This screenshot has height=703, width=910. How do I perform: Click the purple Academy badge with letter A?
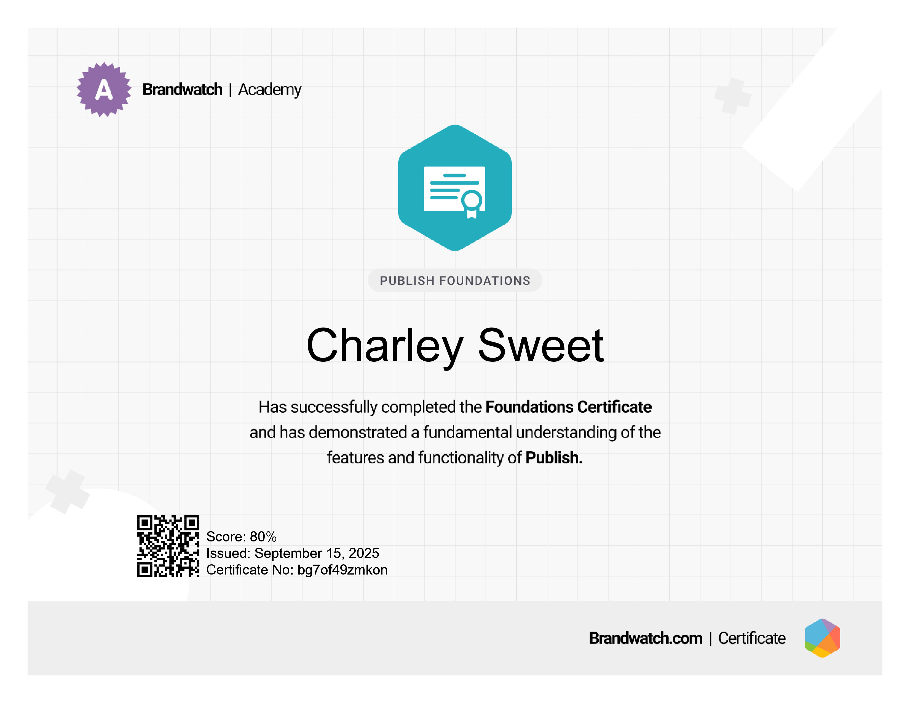pyautogui.click(x=104, y=90)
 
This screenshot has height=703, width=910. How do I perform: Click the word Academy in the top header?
pyautogui.click(x=270, y=90)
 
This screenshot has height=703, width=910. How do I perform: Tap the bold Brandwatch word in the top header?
pyautogui.click(x=183, y=90)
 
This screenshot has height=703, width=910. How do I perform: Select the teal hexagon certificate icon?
pyautogui.click(x=455, y=188)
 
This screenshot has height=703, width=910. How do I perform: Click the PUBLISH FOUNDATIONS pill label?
pyautogui.click(x=455, y=280)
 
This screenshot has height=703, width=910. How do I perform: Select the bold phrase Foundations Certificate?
pyautogui.click(x=568, y=407)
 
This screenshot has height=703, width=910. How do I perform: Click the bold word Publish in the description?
pyautogui.click(x=554, y=458)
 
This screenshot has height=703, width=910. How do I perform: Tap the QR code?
pyautogui.click(x=168, y=546)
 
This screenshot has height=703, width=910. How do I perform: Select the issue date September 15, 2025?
pyautogui.click(x=317, y=553)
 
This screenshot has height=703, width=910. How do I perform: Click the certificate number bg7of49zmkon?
pyautogui.click(x=342, y=570)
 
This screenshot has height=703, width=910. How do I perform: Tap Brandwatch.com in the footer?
pyautogui.click(x=646, y=638)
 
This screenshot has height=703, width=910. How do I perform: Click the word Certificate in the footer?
pyautogui.click(x=752, y=638)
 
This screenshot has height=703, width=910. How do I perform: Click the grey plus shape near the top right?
pyautogui.click(x=733, y=96)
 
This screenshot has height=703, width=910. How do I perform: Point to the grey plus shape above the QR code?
pyautogui.click(x=68, y=492)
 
